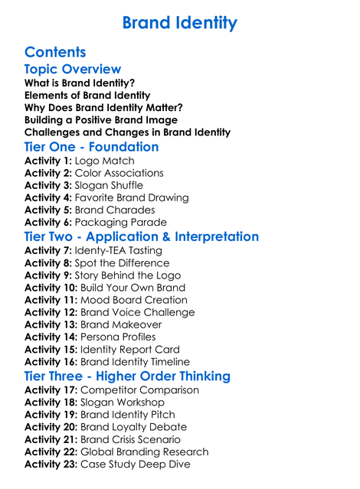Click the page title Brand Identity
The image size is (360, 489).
180,22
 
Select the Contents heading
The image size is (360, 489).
55,52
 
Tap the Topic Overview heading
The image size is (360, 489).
73,70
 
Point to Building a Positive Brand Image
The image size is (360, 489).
101,120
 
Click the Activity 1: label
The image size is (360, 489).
48,161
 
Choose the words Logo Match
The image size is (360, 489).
104,161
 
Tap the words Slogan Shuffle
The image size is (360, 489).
108,186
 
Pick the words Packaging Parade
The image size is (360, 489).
117,223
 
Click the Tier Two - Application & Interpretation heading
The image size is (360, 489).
142,236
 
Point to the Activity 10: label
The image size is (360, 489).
51,288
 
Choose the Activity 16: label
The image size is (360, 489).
51,362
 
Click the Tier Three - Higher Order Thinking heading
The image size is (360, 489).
127,376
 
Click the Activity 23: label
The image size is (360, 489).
51,464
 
